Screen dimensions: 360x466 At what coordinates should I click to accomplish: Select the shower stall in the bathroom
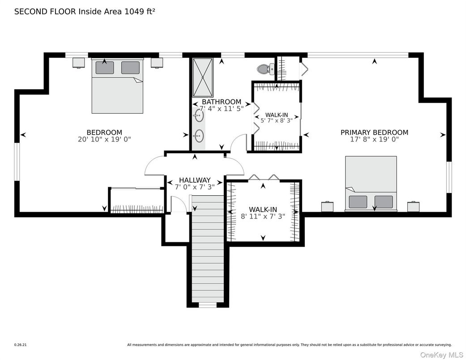(203, 77)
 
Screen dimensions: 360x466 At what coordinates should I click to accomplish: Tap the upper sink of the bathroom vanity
(199, 116)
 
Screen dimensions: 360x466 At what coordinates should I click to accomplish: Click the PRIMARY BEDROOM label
(374, 133)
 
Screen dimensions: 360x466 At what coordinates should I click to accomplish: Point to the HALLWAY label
(195, 180)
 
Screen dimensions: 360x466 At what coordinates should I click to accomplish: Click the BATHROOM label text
(221, 102)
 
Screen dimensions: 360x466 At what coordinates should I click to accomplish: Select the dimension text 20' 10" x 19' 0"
(104, 139)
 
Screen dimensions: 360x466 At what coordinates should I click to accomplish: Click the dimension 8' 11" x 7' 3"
(263, 216)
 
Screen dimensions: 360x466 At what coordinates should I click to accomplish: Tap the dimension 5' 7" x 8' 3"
(277, 120)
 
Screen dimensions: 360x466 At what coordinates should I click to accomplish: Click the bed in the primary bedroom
(371, 183)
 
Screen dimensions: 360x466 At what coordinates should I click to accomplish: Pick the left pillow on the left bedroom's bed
(105, 68)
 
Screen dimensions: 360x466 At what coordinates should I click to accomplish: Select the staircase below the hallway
(207, 251)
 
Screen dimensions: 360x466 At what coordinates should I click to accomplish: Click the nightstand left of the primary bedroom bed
(328, 207)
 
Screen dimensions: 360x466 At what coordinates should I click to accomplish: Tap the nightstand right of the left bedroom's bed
(157, 63)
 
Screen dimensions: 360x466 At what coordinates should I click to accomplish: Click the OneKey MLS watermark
(441, 355)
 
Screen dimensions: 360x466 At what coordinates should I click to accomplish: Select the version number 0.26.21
(21, 345)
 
